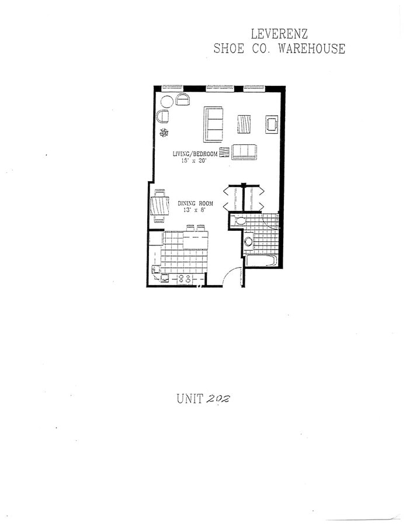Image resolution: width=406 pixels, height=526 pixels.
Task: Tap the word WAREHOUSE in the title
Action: click(311, 49)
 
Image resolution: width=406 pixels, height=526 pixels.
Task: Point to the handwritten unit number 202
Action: click(218, 399)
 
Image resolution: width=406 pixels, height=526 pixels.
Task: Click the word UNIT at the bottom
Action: click(189, 399)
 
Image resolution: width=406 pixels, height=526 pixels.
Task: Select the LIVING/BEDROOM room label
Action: click(195, 154)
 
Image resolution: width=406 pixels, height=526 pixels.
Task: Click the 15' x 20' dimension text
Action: click(195, 161)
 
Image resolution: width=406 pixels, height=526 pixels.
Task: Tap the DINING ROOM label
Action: click(195, 204)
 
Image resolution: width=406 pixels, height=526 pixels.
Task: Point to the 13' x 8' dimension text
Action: click(195, 210)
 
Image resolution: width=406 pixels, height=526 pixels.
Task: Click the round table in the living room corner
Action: click(166, 101)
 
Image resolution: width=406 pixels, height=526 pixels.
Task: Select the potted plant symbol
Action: click(164, 132)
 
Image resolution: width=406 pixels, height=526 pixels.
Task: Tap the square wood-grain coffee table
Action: click(244, 123)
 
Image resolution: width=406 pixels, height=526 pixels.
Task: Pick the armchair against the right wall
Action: click(272, 124)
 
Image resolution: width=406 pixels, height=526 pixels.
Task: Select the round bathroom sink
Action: click(248, 240)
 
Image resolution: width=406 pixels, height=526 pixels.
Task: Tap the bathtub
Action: click(261, 260)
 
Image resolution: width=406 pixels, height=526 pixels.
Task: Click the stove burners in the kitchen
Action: click(185, 279)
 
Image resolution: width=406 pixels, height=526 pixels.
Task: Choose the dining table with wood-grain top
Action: click(159, 205)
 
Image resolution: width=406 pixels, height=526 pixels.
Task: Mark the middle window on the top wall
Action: click(219, 88)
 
